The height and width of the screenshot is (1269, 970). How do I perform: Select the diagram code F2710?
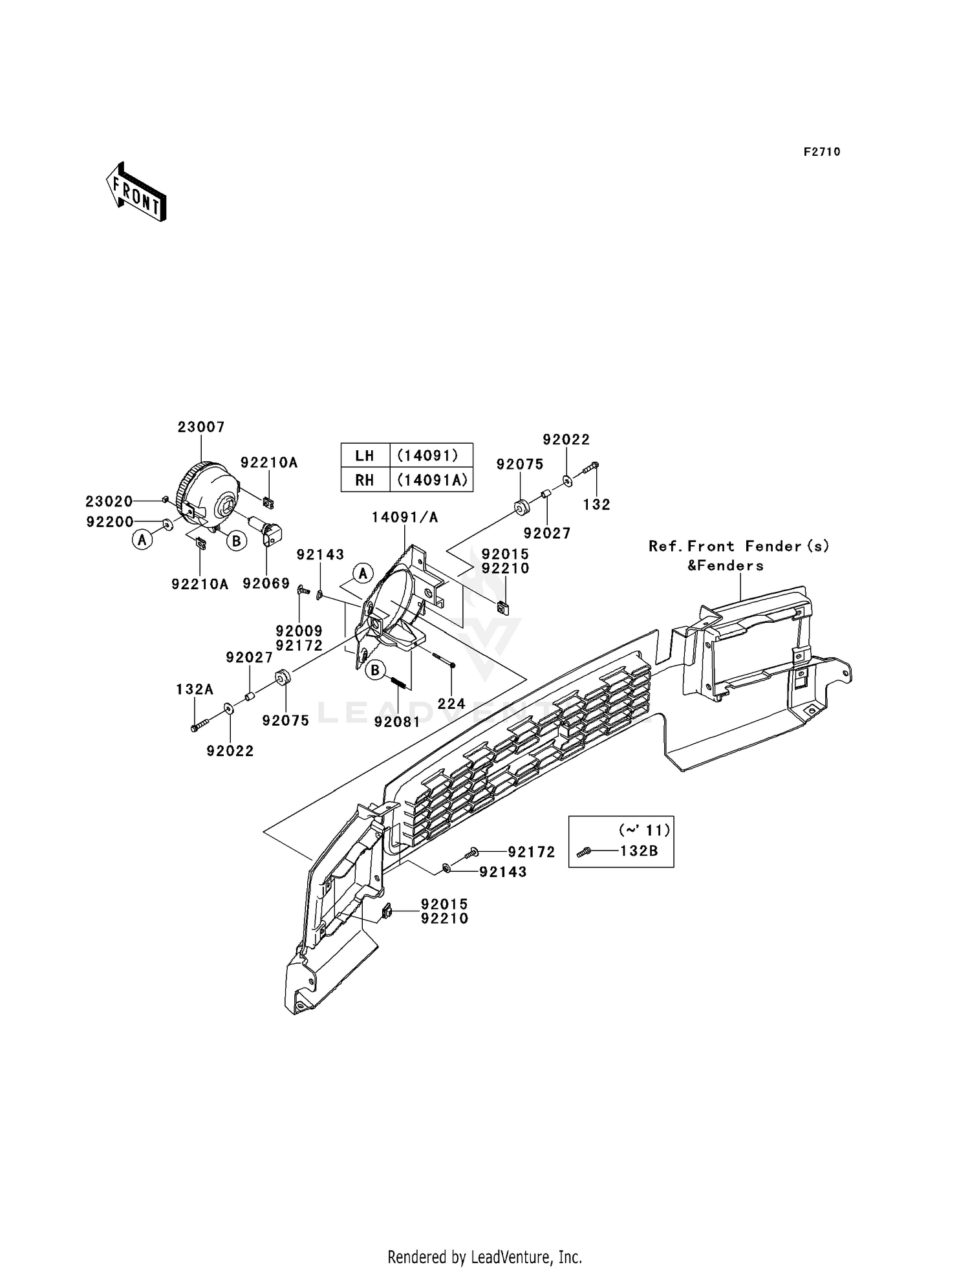pyautogui.click(x=822, y=152)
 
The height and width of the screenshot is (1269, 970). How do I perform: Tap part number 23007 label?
pyautogui.click(x=201, y=427)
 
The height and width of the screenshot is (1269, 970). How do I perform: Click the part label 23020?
pyautogui.click(x=109, y=501)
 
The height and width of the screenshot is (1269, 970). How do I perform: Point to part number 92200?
pyautogui.click(x=110, y=522)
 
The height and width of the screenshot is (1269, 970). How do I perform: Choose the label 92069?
pyautogui.click(x=266, y=584)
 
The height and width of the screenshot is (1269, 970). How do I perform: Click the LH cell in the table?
pyautogui.click(x=365, y=455)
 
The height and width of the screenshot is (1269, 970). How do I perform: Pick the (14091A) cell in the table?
pyautogui.click(x=431, y=481)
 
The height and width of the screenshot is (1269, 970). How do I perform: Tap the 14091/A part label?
pyautogui.click(x=405, y=517)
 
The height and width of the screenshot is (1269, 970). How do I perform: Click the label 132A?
pyautogui.click(x=195, y=689)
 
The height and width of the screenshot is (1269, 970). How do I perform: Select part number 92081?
pyautogui.click(x=397, y=722)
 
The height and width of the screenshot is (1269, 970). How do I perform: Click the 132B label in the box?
pyautogui.click(x=639, y=851)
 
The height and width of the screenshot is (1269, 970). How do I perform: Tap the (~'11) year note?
pyautogui.click(x=645, y=830)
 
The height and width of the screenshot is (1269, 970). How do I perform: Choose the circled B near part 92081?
pyautogui.click(x=375, y=670)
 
